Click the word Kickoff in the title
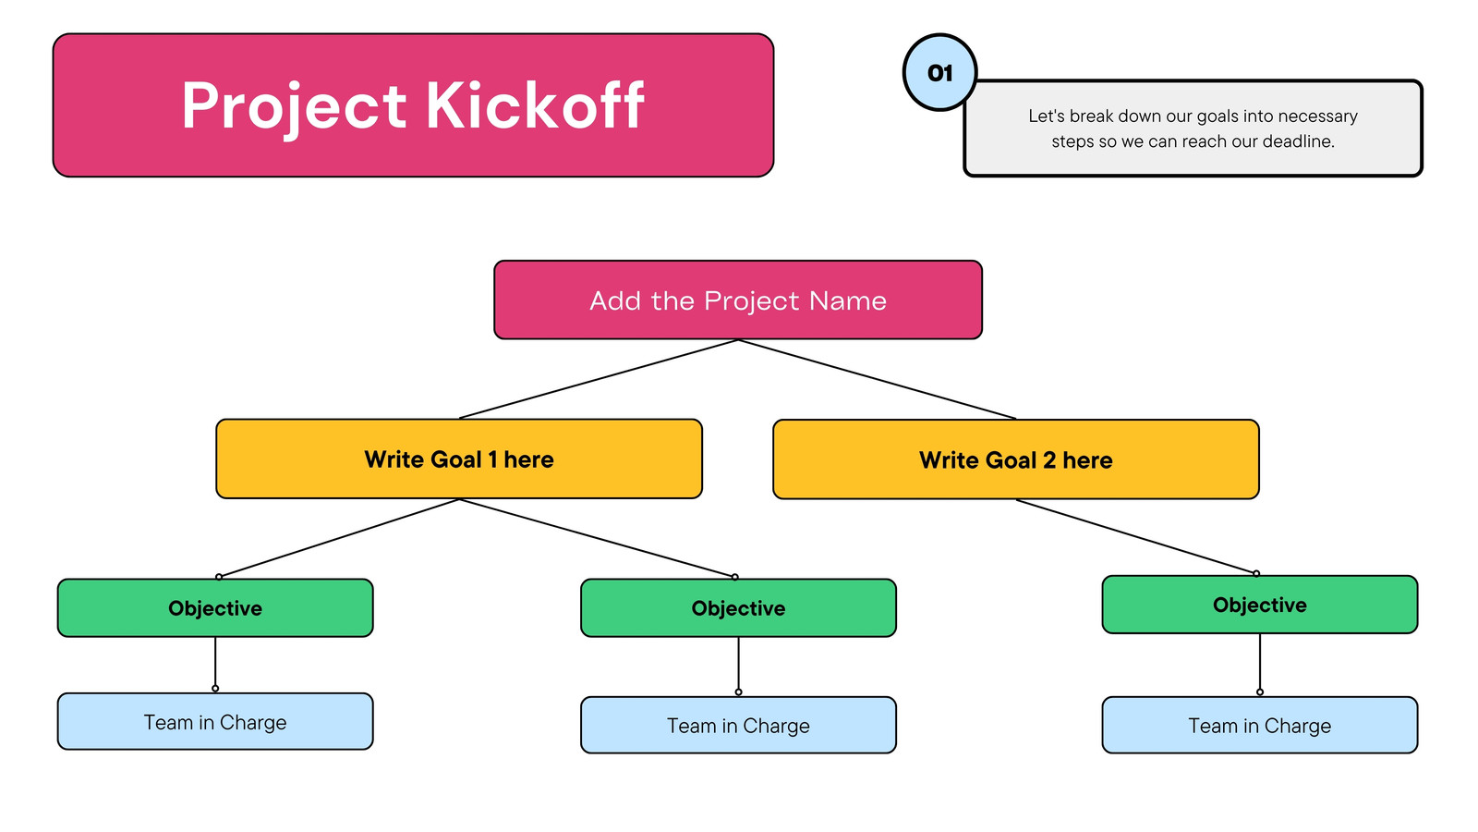pos(535,104)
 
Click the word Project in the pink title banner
pos(294,107)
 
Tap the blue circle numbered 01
pos(939,72)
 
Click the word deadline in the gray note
pos(1297,141)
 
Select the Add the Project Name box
pos(738,300)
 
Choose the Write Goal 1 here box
pos(459,459)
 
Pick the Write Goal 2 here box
pos(1016,459)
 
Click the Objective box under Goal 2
pos(1260,605)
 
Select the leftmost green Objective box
pos(215,608)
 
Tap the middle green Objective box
pos(738,608)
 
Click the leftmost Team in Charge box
pos(215,722)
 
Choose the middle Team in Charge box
pos(738,725)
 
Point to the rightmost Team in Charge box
pos(1260,725)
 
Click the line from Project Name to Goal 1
pos(599,379)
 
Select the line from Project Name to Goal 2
pos(877,379)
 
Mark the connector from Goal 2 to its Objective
pos(1136,536)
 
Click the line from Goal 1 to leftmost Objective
pos(339,538)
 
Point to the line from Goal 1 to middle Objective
pos(597,538)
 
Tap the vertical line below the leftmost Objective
pos(215,663)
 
